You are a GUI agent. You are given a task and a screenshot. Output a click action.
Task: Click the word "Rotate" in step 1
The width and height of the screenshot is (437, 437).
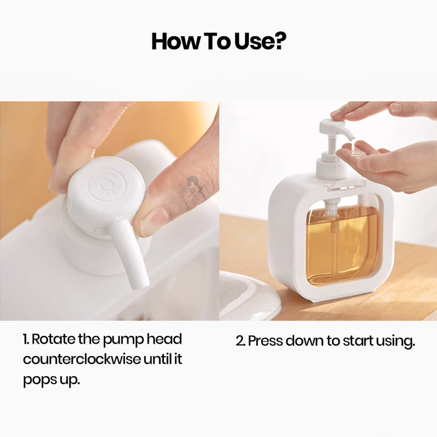[51, 339]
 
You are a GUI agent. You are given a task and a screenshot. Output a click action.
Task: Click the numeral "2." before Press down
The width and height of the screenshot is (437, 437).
[240, 341]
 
